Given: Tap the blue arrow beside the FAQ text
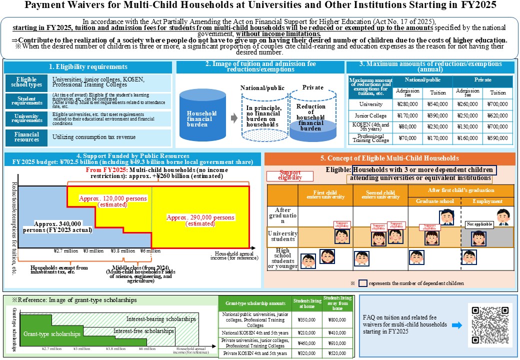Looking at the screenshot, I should (x=456, y=325).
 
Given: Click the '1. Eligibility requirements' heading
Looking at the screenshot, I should (x=87, y=66).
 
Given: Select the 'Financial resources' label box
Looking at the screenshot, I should (x=26, y=137).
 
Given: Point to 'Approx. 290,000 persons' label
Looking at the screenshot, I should (x=200, y=220).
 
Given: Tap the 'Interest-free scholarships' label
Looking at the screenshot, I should (x=144, y=331).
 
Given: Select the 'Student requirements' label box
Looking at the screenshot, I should (x=26, y=101).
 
